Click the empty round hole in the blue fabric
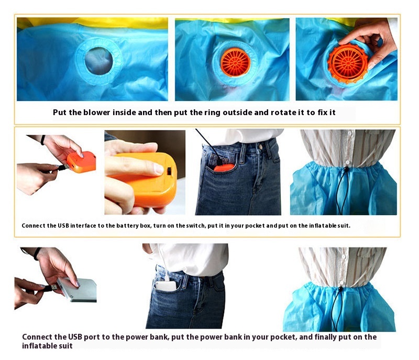[x=98, y=61]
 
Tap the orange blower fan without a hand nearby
[x=235, y=62]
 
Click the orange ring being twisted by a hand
[x=348, y=63]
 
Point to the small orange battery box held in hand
[x=81, y=162]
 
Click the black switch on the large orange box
[x=169, y=171]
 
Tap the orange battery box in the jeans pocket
[x=224, y=167]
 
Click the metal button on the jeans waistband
[x=260, y=147]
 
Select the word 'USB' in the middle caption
[x=63, y=226]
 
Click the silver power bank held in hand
[x=78, y=290]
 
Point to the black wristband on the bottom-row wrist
[x=37, y=253]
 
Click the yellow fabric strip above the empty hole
[x=93, y=23]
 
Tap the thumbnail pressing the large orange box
[x=159, y=169]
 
